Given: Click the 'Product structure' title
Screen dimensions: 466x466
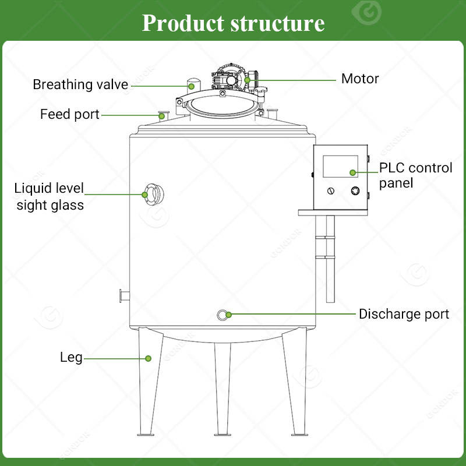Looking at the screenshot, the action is tap(234, 23).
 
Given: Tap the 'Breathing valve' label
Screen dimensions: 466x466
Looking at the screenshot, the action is tap(80, 84).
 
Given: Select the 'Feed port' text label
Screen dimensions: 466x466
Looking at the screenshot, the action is tap(69, 114).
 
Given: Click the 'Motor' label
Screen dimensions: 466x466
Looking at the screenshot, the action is tap(360, 79).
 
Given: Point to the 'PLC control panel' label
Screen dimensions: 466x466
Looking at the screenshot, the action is tap(415, 175).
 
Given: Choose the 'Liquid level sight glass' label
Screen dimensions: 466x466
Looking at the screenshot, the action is tap(50, 197).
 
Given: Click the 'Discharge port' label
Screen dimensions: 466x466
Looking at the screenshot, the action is tap(404, 314).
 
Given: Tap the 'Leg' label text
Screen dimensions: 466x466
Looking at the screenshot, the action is tap(71, 357).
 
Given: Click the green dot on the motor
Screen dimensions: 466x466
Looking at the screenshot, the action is tap(247, 80).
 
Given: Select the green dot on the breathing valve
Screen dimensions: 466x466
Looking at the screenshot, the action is tap(192, 86).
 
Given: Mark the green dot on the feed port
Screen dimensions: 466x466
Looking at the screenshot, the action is tap(162, 116).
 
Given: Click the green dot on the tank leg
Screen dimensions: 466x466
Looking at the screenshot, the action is tap(148, 358).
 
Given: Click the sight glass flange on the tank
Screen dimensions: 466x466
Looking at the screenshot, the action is tap(154, 195).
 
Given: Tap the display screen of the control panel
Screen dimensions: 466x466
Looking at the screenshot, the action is tap(340, 166).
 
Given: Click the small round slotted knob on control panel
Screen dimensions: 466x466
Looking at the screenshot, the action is tap(330, 191).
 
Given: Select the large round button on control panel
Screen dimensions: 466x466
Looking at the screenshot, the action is tap(355, 190).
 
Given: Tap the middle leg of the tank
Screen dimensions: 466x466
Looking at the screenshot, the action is tap(223, 389).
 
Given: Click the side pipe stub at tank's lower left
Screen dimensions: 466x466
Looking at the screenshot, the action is tap(125, 296).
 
